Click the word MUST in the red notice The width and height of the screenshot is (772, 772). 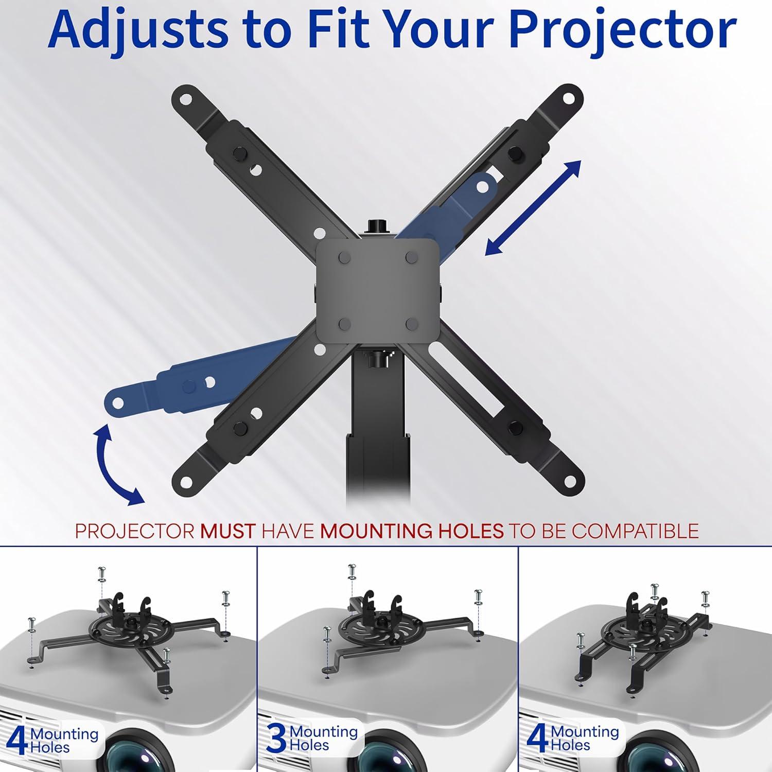coord(227,531)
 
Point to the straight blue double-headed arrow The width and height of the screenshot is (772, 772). coord(533,208)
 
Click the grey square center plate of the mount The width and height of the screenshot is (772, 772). coord(377,291)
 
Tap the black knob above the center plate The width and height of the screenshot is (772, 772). coord(377,227)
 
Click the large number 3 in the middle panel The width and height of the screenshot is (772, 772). coord(276,739)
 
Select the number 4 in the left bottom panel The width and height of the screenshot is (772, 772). coord(16,740)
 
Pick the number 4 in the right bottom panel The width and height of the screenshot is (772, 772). coord(537,739)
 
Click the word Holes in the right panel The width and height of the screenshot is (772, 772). coord(570,745)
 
